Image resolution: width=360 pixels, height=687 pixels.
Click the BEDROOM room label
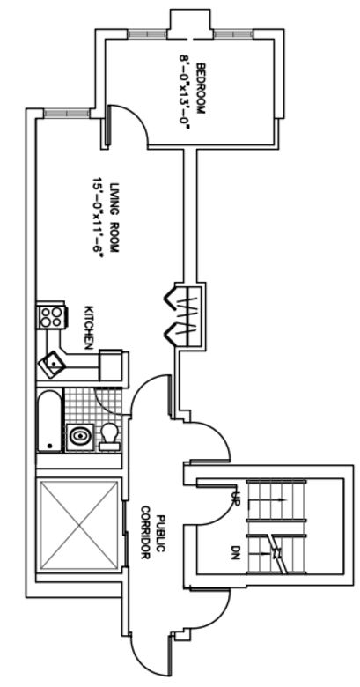point(200,89)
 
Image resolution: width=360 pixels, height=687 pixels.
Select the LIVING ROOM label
point(114,218)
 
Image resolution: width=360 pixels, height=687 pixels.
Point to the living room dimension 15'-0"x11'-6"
point(98,218)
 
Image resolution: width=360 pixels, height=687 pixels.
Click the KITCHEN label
point(89,328)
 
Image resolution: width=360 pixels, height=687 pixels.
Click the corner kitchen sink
point(52,365)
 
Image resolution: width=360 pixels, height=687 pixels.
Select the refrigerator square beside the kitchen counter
point(111,365)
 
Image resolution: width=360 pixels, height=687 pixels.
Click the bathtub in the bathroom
point(49,421)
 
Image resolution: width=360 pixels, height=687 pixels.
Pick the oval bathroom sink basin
point(79,436)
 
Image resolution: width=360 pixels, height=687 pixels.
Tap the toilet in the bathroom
point(109,436)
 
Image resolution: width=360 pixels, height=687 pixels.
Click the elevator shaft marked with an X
point(79,525)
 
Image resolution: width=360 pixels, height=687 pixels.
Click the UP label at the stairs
point(234,498)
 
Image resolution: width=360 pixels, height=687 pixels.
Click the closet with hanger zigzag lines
point(184,315)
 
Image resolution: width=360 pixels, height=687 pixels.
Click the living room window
point(67,114)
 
